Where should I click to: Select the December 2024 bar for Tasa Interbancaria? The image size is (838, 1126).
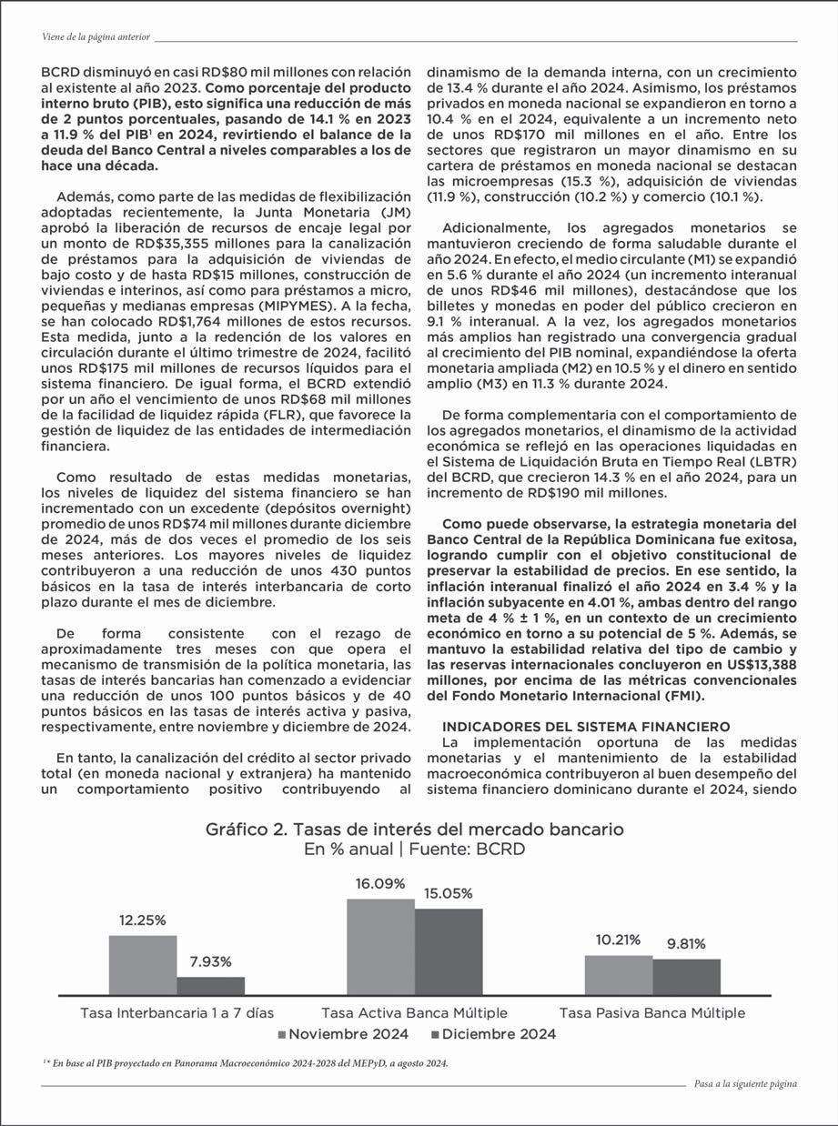pyautogui.click(x=210, y=986)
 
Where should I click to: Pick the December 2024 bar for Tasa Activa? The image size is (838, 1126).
pyautogui.click(x=449, y=951)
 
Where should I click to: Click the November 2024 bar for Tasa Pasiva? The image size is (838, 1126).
pyautogui.click(x=618, y=975)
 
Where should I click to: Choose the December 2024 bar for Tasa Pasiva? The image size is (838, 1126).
pyautogui.click(x=686, y=977)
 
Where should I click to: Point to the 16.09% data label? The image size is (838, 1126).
pyautogui.click(x=380, y=883)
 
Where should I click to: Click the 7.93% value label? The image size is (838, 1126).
pyautogui.click(x=210, y=961)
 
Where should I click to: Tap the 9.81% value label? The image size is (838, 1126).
pyautogui.click(x=686, y=943)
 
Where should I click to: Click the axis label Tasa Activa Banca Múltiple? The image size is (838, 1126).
pyautogui.click(x=415, y=1012)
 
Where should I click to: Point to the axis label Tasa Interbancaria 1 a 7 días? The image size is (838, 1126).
pyautogui.click(x=177, y=1012)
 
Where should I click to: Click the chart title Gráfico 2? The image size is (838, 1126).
pyautogui.click(x=415, y=829)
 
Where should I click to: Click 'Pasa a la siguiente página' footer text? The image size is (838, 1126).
pyautogui.click(x=745, y=1084)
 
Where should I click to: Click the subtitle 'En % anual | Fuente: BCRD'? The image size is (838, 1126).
pyautogui.click(x=415, y=850)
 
